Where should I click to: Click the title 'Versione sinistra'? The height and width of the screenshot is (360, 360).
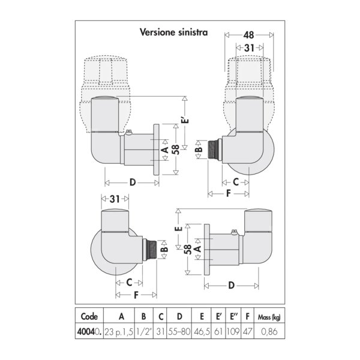pos(174,32)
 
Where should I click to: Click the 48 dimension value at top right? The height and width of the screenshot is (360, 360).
pos(248,35)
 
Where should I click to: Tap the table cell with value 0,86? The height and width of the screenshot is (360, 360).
pos(269,332)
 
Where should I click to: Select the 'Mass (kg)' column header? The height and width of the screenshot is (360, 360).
pos(269,317)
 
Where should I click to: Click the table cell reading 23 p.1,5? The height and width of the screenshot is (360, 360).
pos(119,332)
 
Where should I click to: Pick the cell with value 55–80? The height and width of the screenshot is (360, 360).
pos(179,332)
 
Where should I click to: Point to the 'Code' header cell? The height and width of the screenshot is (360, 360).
pos(89,316)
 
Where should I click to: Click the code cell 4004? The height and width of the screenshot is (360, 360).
pos(89,332)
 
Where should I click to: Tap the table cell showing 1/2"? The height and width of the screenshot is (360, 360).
pos(143,332)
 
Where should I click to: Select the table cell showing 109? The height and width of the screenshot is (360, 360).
pos(233,332)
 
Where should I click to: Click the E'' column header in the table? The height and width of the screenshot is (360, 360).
pos(233,316)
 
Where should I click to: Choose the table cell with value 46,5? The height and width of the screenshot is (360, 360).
pos(202,332)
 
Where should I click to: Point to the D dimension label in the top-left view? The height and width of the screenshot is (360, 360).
pos(133,182)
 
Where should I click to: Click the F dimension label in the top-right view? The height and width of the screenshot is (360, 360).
pos(228,194)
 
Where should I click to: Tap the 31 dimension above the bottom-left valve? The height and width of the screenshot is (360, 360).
pos(115,199)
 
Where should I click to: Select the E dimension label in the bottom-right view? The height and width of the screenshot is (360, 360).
pos(179,229)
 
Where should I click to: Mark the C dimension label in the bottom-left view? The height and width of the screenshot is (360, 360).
pos(129,283)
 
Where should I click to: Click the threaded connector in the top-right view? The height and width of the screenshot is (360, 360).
pos(212,149)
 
